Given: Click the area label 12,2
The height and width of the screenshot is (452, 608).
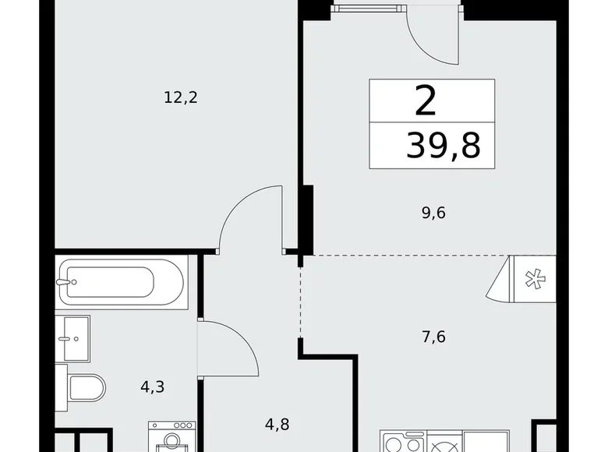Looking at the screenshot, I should pos(175,97).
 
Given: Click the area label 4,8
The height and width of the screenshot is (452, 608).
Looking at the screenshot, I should pos(277,426).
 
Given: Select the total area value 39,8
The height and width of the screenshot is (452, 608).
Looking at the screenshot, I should pos(442,145).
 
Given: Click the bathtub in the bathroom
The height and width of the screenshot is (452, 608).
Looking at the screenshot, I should pos(122,281).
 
